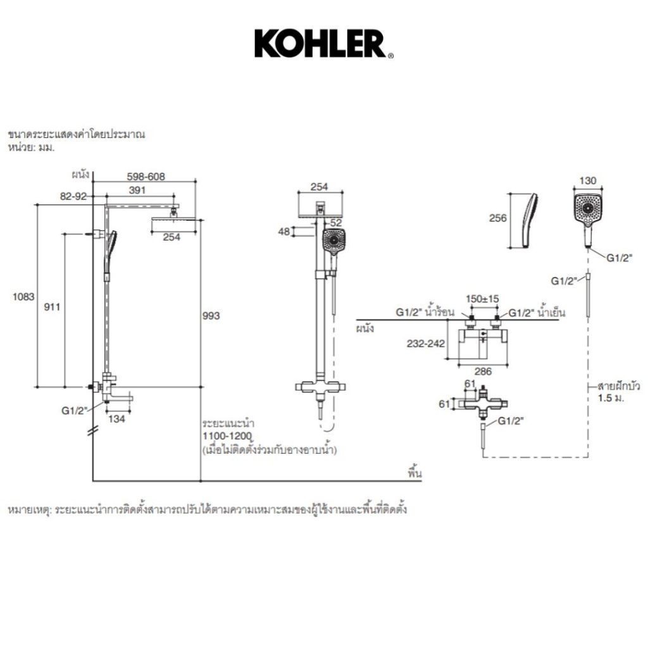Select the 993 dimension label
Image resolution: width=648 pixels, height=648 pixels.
tap(211, 316)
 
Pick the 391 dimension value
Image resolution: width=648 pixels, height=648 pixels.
tap(138, 190)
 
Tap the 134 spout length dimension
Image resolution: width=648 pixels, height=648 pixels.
tap(117, 418)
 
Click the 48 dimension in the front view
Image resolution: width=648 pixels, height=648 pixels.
tap(285, 232)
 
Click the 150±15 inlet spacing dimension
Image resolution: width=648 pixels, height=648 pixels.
tap(482, 299)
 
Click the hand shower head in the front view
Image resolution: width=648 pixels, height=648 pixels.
tap(333, 241)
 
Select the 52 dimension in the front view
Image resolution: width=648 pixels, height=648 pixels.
tap(335, 222)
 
